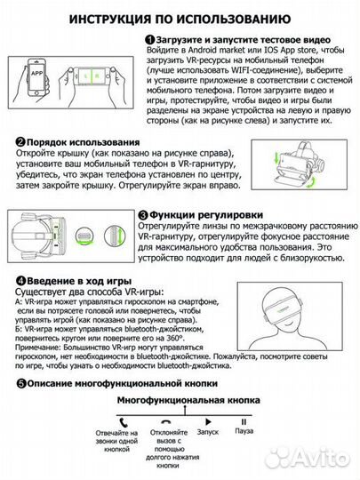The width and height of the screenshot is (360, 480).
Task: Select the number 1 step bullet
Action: (149, 41)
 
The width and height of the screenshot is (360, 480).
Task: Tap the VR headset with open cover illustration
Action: (311, 165)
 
